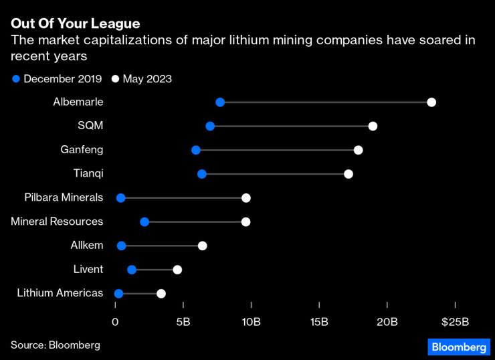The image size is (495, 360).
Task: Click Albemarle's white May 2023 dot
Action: pyautogui.click(x=431, y=102)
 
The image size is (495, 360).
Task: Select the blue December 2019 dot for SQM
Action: pyautogui.click(x=210, y=126)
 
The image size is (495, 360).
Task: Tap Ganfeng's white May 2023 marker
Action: pyautogui.click(x=359, y=150)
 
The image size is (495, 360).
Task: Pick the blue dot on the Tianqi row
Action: pyautogui.click(x=202, y=174)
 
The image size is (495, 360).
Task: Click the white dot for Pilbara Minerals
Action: pyautogui.click(x=246, y=198)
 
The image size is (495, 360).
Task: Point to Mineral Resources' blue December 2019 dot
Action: pyautogui.click(x=144, y=221)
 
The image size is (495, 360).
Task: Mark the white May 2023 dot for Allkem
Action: pyautogui.click(x=203, y=246)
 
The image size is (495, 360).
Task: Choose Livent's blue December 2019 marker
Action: pyautogui.click(x=132, y=270)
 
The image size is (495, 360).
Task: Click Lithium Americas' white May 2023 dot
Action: pyautogui.click(x=161, y=294)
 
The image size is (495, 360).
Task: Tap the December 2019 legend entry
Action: pyautogui.click(x=57, y=79)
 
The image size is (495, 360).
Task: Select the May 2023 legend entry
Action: pyautogui.click(x=142, y=79)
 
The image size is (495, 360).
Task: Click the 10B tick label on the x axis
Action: pyautogui.click(x=252, y=322)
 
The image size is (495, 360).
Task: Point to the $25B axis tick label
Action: pyautogui.click(x=455, y=322)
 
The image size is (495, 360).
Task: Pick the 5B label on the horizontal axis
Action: pyautogui.click(x=183, y=322)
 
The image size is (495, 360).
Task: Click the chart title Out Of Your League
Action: pyautogui.click(x=76, y=24)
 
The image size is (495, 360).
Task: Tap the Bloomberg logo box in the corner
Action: pyautogui.click(x=458, y=347)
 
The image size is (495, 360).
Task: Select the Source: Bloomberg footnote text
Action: pyautogui.click(x=55, y=345)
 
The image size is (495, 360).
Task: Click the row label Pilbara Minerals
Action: pyautogui.click(x=64, y=198)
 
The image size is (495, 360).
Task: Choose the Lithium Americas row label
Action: pyautogui.click(x=60, y=294)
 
